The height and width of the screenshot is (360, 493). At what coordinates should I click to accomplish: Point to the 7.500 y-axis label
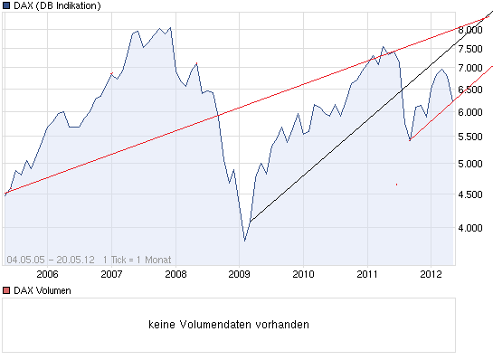coord(470,47)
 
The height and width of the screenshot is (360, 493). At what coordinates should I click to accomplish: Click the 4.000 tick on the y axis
coord(470,228)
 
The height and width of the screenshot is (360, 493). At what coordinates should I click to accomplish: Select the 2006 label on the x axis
coord(47,273)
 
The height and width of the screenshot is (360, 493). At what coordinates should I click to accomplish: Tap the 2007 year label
coord(111,273)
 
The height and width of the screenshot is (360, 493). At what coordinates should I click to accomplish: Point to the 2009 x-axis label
coord(239,273)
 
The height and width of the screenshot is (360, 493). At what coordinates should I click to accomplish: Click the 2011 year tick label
coord(367,273)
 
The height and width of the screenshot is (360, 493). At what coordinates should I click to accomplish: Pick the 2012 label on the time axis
coord(431,273)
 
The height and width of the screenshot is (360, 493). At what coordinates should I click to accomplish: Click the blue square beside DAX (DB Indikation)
coord(7,6)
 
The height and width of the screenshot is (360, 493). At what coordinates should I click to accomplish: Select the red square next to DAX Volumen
coord(7,290)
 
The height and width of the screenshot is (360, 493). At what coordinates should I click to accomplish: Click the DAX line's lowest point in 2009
coord(244,241)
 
